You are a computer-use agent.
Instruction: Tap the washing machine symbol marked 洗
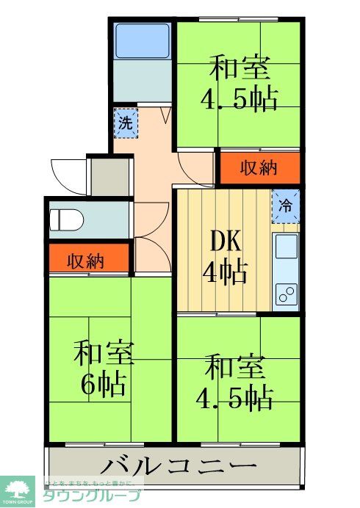(126, 123)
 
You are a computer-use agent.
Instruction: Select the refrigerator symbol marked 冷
(286, 206)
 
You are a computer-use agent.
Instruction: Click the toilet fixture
(65, 218)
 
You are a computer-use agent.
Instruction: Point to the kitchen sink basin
(287, 247)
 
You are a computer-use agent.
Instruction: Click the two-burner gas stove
(285, 293)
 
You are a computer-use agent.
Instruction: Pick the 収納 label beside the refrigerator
(259, 168)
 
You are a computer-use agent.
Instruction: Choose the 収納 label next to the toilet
(86, 260)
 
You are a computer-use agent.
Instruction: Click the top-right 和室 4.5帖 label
(240, 83)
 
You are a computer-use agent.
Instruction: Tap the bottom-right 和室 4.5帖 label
(234, 381)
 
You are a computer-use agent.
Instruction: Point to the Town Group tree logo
(21, 490)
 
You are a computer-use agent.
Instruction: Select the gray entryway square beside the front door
(109, 177)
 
